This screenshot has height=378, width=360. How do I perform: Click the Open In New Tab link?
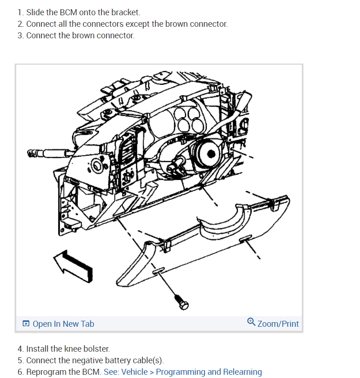click(x=63, y=324)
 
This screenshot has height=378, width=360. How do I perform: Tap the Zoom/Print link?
click(x=278, y=324)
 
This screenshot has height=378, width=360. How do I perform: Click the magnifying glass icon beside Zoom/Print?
click(x=251, y=322)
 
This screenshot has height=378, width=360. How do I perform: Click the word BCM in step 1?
click(x=69, y=12)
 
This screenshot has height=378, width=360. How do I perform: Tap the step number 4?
click(x=20, y=349)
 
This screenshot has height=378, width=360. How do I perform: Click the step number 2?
click(x=20, y=24)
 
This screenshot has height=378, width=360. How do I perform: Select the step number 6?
click(x=20, y=372)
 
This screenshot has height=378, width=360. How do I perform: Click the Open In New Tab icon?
click(x=26, y=324)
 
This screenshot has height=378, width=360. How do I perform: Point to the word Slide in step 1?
click(x=35, y=12)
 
